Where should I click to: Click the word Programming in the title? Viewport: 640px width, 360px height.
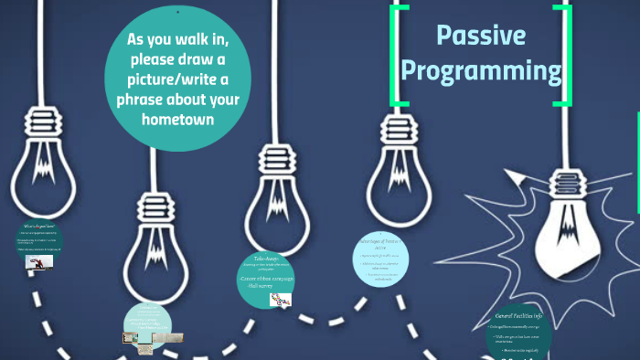[481, 70]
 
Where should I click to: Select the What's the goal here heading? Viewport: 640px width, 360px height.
[38, 225]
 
